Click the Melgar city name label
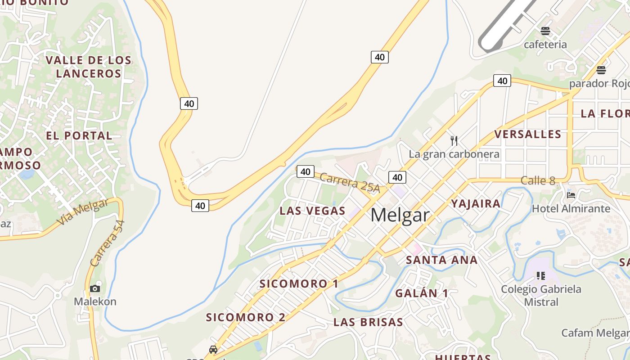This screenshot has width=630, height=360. tap(400, 215)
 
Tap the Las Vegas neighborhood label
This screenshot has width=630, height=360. tap(312, 211)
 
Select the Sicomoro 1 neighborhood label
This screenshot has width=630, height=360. tap(299, 283)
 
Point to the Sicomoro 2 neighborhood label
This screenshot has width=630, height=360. tap(246, 317)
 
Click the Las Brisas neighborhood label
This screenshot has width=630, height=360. tap(368, 322)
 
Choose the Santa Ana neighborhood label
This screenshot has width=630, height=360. tap(441, 260)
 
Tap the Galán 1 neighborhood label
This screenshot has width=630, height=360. tap(422, 293)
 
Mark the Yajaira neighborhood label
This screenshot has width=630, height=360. tap(476, 204)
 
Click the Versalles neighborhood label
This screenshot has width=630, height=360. tap(528, 134)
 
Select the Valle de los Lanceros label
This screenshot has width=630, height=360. tap(89, 67)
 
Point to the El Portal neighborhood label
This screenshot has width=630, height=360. tap(79, 135)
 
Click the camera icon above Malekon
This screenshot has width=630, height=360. tap(95, 288)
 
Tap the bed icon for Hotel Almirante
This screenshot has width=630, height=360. tap(571, 195)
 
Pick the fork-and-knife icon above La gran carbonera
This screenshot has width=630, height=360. tap(454, 141)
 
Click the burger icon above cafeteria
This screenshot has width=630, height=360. tap(545, 31)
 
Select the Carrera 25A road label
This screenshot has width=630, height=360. tap(350, 183)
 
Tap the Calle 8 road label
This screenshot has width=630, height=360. tap(538, 181)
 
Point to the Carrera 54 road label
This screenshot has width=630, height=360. tap(107, 243)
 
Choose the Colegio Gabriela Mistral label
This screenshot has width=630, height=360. tap(541, 295)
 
